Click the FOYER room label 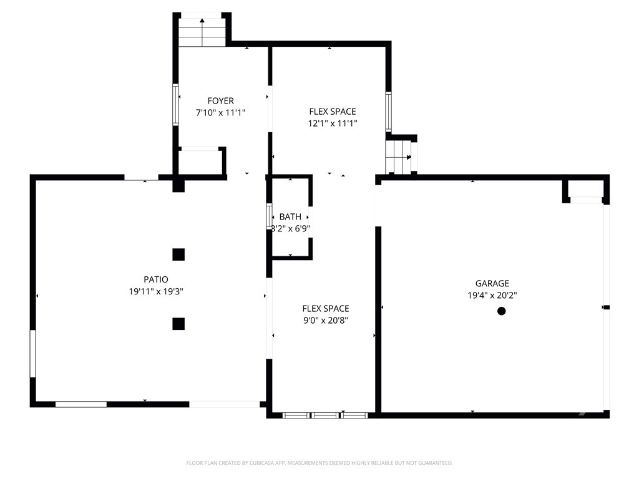click(220, 101)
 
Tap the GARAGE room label click(494, 283)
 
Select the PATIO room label click(155, 279)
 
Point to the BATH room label click(290, 217)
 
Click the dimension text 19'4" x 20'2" click(494, 296)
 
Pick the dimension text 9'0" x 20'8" click(325, 321)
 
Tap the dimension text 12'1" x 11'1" click(333, 123)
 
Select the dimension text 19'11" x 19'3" click(155, 291)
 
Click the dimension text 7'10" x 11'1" click(220, 113)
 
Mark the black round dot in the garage click(501, 311)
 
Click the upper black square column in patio click(178, 254)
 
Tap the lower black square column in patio click(178, 324)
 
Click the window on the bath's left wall click(269, 216)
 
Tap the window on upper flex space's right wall click(388, 112)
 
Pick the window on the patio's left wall click(33, 354)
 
